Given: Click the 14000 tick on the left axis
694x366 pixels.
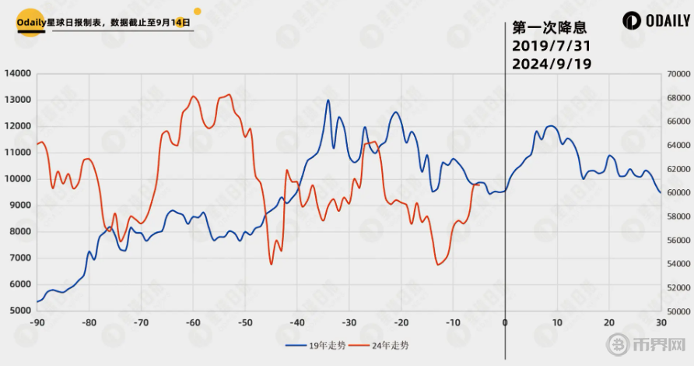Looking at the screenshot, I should click(x=17, y=74).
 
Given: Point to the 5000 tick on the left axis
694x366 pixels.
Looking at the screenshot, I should click(x=19, y=311).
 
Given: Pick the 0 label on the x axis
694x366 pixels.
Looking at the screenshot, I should click(x=505, y=322).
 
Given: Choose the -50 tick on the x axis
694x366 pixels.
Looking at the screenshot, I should click(x=244, y=322).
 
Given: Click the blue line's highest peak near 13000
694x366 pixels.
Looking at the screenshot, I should click(x=328, y=100).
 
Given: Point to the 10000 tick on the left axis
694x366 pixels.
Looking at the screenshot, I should click(x=17, y=179).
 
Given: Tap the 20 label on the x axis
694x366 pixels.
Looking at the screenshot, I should click(x=609, y=322).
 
